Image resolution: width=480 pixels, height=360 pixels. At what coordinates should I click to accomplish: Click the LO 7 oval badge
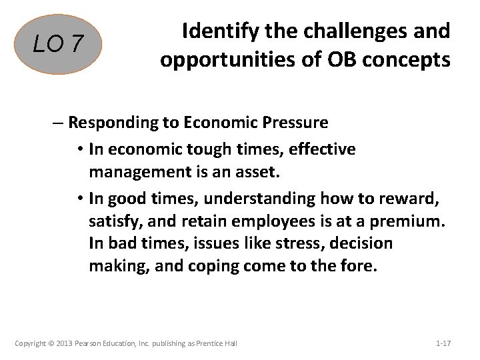coord(60,45)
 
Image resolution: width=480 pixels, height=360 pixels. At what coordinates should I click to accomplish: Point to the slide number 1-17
coord(443,344)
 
